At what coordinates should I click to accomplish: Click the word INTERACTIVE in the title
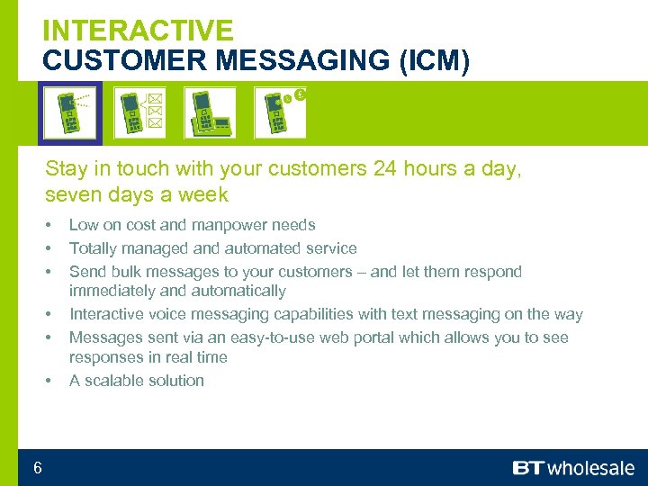tap(138, 30)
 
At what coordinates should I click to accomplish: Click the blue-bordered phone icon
tap(70, 112)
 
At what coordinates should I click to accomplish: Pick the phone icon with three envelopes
tap(139, 112)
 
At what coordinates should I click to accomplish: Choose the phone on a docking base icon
tap(210, 112)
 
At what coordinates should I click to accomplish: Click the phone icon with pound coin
tap(280, 112)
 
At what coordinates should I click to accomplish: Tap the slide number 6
tap(37, 467)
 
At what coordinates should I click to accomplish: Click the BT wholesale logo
tap(573, 468)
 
